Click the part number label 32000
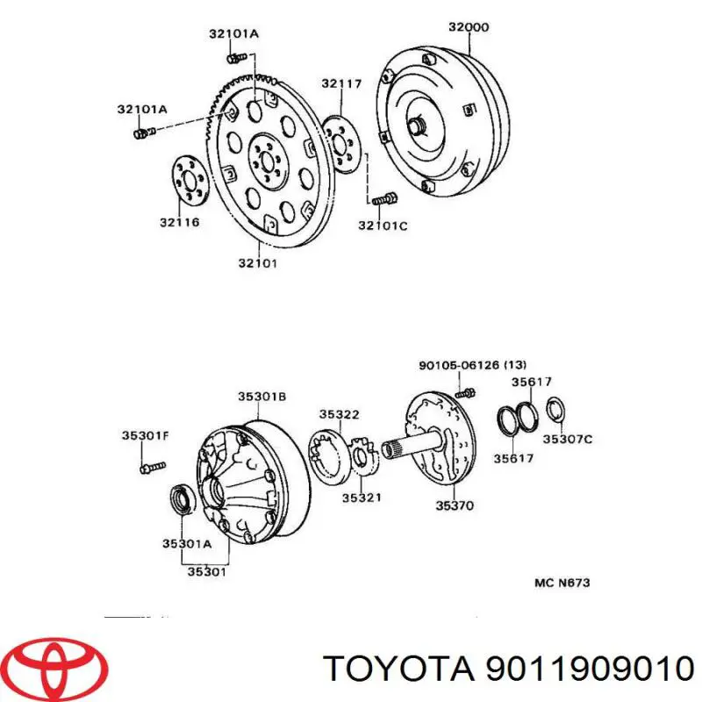[x=468, y=27]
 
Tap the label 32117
[x=340, y=84]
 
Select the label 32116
[x=179, y=222]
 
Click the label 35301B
[x=261, y=397]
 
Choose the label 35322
[x=337, y=414]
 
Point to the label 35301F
[x=144, y=434]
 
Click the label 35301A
[x=186, y=543]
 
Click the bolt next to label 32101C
[x=380, y=200]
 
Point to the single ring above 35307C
[x=555, y=408]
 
